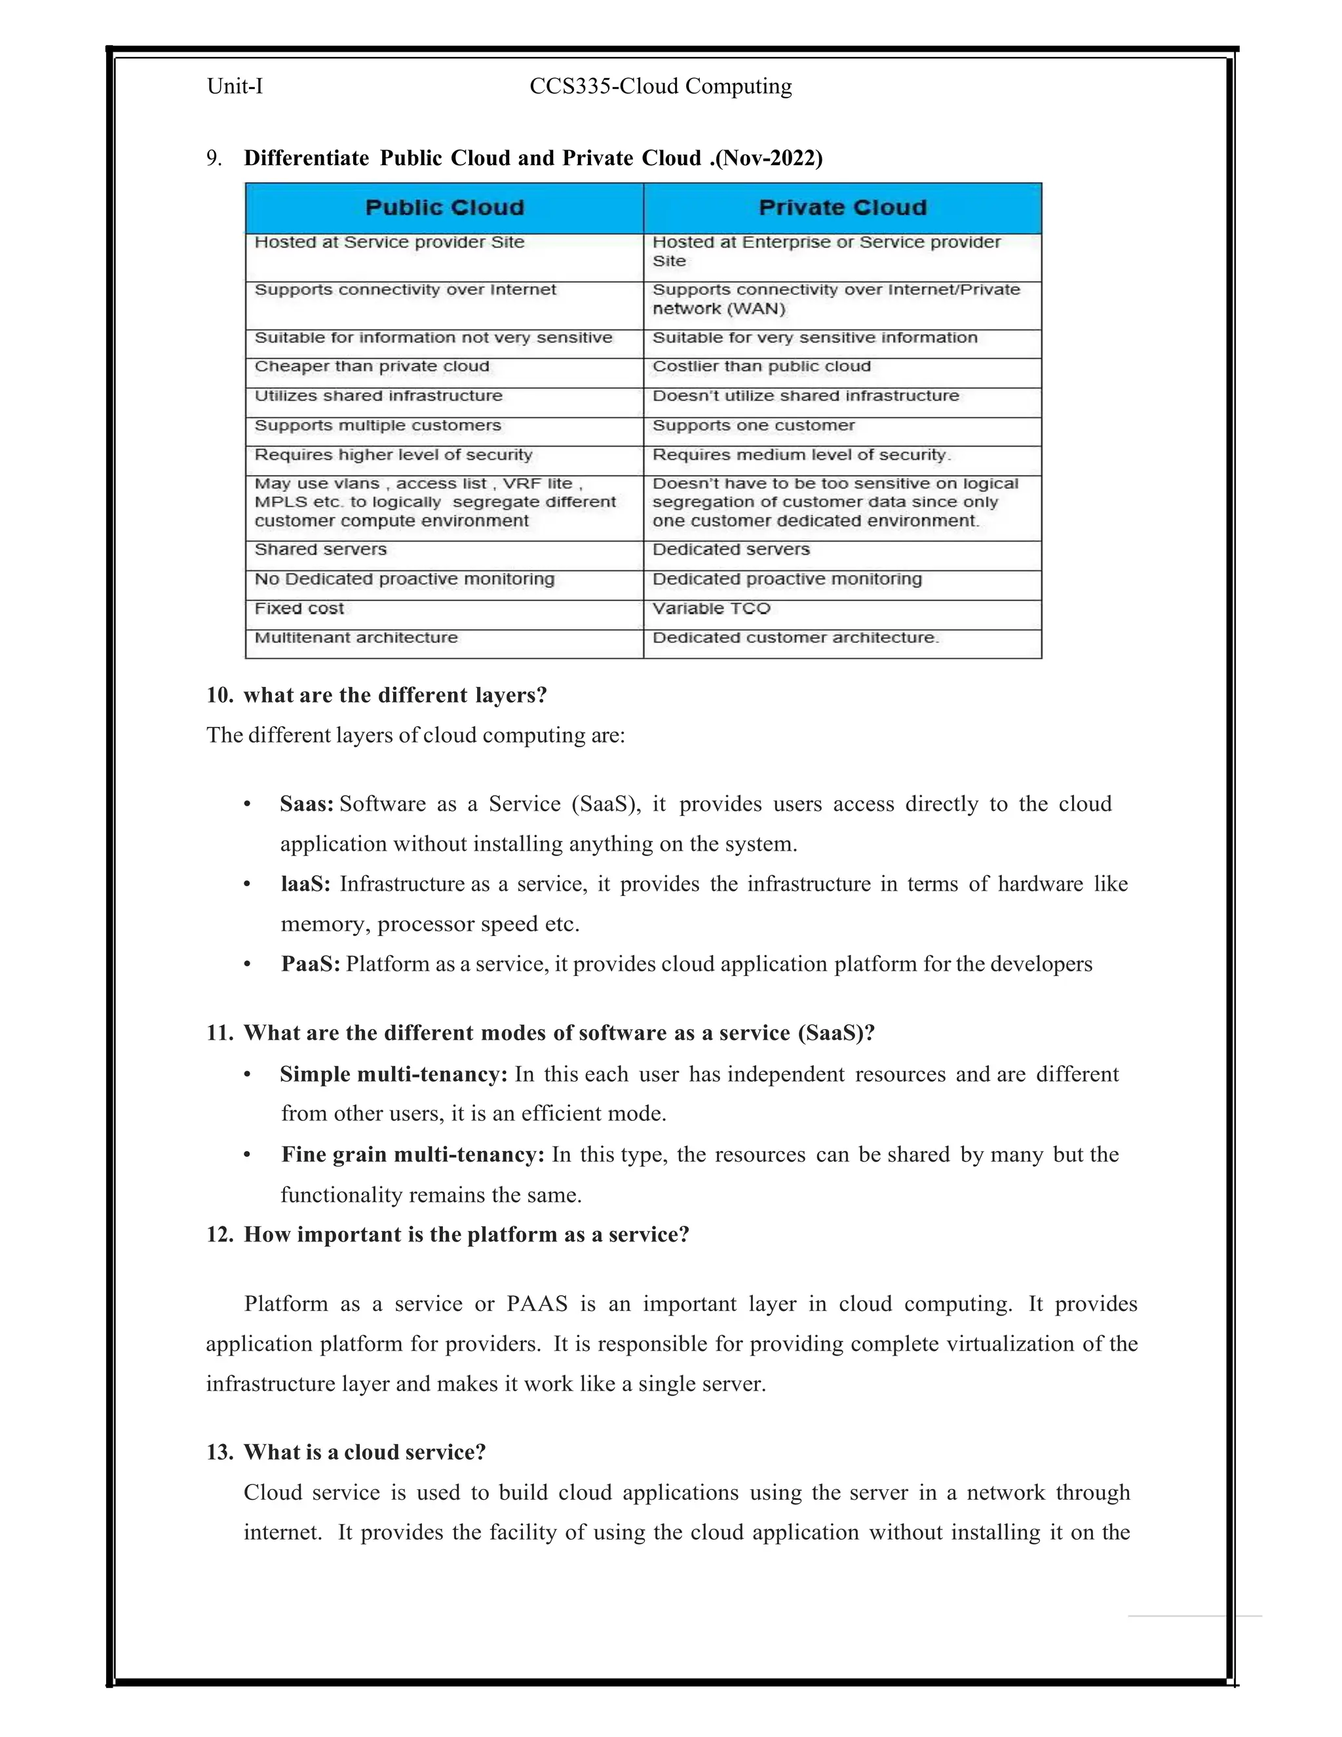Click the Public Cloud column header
[444, 208]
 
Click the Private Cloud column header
[843, 208]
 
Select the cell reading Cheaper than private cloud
[372, 366]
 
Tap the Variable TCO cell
[712, 608]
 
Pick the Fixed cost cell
[299, 608]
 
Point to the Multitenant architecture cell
[356, 638]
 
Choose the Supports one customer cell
[753, 425]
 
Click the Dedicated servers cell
[731, 549]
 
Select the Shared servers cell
[320, 549]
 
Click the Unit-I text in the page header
[235, 86]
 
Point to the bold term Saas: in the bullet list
[306, 804]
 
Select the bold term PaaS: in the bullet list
[310, 964]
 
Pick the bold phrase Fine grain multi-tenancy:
[413, 1155]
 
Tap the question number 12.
[220, 1234]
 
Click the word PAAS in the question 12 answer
[537, 1304]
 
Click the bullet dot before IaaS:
[247, 884]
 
